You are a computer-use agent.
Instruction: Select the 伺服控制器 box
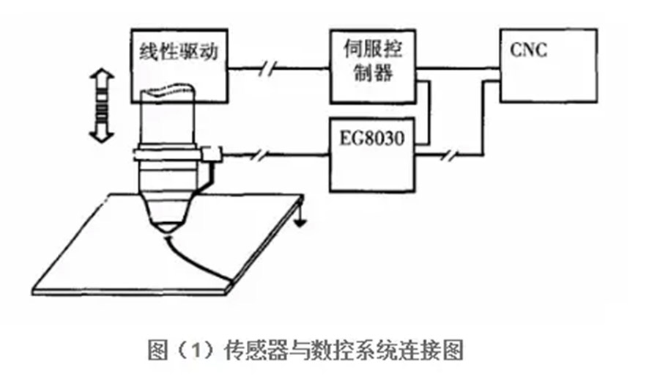tap(371, 65)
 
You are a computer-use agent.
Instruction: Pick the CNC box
tap(542, 65)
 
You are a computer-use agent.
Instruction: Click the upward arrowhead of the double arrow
tap(100, 76)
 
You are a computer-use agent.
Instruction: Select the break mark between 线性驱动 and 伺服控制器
tap(270, 70)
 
